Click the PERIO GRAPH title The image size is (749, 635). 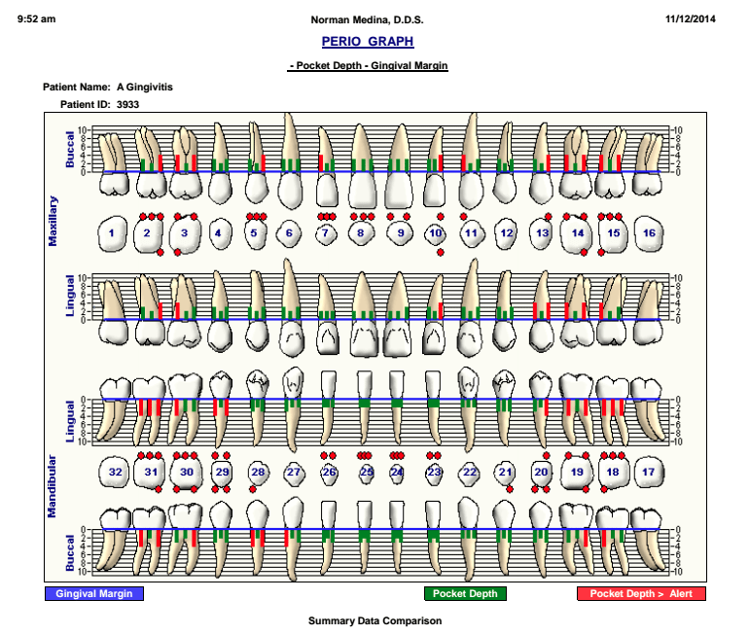coord(368,42)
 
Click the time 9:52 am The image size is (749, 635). coord(36,19)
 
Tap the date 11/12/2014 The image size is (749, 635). coord(691,19)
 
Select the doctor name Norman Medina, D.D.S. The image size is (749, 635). coord(367,20)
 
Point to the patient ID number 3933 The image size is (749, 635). coord(127,105)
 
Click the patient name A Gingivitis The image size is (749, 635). coord(145,87)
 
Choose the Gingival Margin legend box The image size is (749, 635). coord(94,593)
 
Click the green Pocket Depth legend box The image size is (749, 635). coord(465,593)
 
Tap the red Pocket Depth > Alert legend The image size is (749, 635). coord(641,593)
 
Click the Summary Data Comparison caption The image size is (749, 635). coord(374,620)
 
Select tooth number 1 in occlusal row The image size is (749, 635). coord(111,233)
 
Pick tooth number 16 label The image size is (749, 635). coord(649,233)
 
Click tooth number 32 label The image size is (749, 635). coord(115,472)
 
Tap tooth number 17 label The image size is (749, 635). coord(648,472)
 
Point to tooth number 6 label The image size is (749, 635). coord(289,233)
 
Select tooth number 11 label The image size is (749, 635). coord(471,233)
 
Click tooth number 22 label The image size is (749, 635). coord(470,472)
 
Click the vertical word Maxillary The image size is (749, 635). coord(53,221)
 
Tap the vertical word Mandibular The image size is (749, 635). coord(52,486)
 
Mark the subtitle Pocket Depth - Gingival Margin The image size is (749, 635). coord(368,66)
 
